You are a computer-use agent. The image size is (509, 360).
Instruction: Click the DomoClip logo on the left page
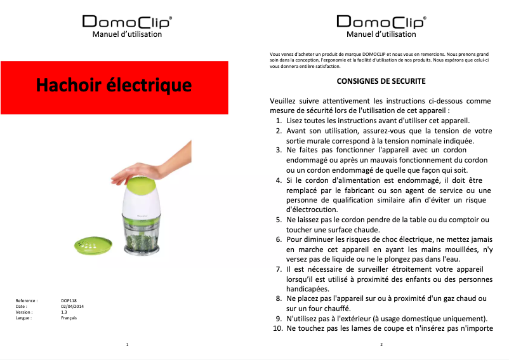127,22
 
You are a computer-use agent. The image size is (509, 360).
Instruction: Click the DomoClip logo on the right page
381,22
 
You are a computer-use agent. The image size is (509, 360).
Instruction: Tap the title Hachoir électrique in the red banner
114,84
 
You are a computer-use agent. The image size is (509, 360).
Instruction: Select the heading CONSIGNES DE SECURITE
381,82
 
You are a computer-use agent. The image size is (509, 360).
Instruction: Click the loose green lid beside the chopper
93,244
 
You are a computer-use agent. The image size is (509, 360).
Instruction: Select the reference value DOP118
69,300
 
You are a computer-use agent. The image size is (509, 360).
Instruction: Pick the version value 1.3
64,312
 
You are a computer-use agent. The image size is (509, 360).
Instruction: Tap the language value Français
69,317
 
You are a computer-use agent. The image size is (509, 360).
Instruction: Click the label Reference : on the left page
27,300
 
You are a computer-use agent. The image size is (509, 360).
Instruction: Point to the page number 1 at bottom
128,344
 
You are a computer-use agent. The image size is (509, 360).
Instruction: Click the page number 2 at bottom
381,344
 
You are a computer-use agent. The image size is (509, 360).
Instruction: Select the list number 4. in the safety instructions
279,180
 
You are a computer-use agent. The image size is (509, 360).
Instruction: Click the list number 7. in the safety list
279,269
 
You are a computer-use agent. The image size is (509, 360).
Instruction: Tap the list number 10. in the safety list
277,328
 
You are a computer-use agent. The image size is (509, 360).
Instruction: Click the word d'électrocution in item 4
312,210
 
